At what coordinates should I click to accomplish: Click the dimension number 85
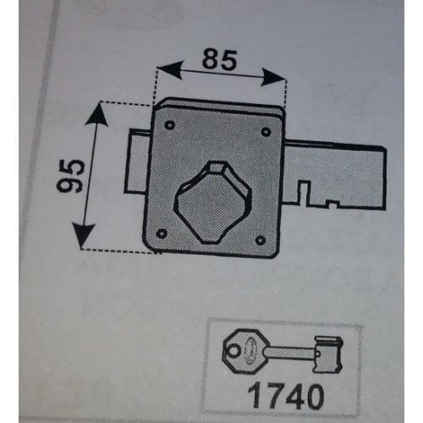tap(219, 60)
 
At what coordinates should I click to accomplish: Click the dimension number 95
tap(70, 176)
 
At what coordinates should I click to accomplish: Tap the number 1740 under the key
tap(286, 397)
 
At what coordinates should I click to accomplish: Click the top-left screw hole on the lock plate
tap(170, 125)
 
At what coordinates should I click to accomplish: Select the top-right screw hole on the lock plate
tap(266, 131)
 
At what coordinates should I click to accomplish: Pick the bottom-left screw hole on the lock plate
tap(162, 233)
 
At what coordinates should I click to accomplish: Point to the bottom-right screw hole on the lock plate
tap(260, 240)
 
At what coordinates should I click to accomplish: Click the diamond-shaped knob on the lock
tap(212, 202)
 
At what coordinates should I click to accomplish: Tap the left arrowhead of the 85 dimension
tap(168, 70)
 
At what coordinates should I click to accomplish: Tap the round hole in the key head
tap(232, 351)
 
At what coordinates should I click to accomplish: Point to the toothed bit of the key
tap(328, 354)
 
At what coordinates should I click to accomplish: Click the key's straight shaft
tap(290, 353)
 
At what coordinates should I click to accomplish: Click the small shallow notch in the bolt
tap(332, 204)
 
